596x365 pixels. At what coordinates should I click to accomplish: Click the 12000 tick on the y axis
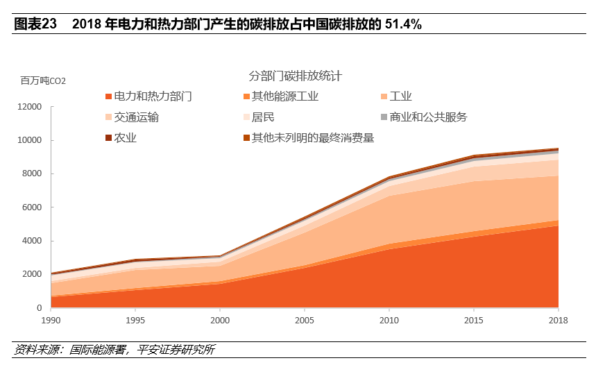click(x=31, y=107)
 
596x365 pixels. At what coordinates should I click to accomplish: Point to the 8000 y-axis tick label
click(x=33, y=173)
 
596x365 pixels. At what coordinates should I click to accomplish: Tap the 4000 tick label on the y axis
click(x=33, y=241)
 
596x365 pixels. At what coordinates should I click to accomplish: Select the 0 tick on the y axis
click(x=40, y=308)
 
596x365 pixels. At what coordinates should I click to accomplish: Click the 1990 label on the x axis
click(x=51, y=320)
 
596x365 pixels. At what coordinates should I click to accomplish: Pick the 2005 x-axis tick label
click(x=304, y=320)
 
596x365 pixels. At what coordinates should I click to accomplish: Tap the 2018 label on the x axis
click(x=557, y=320)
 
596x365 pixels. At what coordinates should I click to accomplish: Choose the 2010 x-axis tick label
click(x=389, y=320)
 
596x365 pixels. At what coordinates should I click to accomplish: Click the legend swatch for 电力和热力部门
click(x=108, y=96)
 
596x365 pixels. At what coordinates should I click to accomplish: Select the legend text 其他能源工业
click(x=285, y=96)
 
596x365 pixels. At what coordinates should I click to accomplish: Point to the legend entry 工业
click(x=401, y=96)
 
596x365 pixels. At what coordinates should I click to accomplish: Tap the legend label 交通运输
click(x=137, y=117)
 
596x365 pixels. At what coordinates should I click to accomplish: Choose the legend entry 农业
click(x=126, y=137)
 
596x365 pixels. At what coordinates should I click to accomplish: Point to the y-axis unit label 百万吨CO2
click(x=43, y=81)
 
